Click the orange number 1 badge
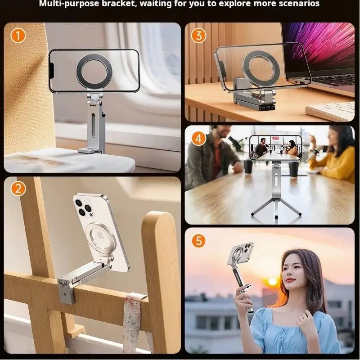coord(18,35)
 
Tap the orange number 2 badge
coord(18,189)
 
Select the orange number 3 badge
coord(198,35)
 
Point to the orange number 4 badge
coord(198,138)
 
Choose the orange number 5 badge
coord(198,240)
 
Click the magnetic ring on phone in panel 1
coord(94,70)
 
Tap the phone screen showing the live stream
coord(275,147)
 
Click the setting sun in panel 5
coord(272,281)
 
